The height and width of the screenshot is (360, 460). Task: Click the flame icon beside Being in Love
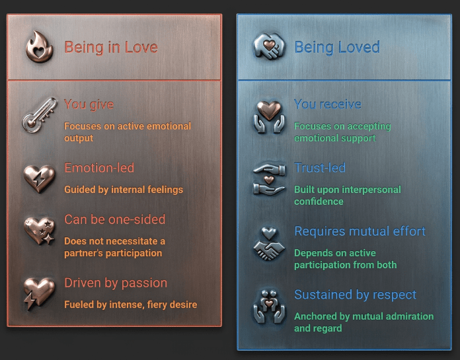(x=39, y=47)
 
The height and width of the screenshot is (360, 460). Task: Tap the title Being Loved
(x=337, y=47)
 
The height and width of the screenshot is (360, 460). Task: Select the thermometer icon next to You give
(x=39, y=115)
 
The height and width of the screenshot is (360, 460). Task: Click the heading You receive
(x=327, y=104)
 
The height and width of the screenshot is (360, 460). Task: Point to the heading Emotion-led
(x=99, y=168)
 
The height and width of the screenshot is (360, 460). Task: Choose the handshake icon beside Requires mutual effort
(x=269, y=244)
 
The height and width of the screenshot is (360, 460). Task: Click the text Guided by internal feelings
(x=124, y=190)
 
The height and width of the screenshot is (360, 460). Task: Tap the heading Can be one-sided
(x=115, y=219)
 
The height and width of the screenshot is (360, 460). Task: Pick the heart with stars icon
(x=39, y=231)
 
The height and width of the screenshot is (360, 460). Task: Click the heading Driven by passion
(x=116, y=283)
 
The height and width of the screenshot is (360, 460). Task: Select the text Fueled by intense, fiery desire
(x=131, y=305)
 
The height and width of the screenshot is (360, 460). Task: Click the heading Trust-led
(x=320, y=168)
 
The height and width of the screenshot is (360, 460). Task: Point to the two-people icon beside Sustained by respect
(x=269, y=306)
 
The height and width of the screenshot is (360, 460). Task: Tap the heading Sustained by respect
(x=356, y=295)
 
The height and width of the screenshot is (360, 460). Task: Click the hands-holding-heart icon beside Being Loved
(x=269, y=46)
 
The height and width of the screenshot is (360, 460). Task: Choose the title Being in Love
(x=111, y=47)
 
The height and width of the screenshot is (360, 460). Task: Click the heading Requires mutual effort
(x=360, y=231)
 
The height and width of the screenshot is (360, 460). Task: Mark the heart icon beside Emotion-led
(x=39, y=179)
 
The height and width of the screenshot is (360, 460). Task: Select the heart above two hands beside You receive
(x=269, y=117)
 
